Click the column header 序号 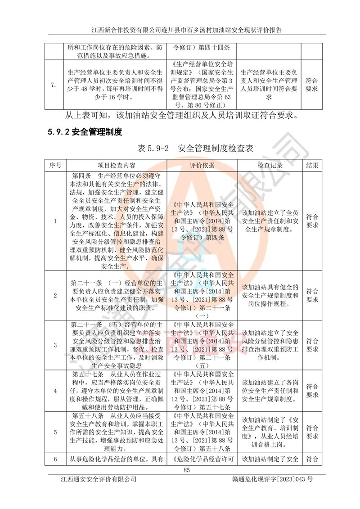click(55, 165)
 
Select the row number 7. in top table click(54, 85)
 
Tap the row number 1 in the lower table click(55, 221)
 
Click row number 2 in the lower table click(55, 295)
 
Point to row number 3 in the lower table click(55, 345)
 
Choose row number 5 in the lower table click(55, 432)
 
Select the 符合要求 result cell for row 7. click(311, 85)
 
